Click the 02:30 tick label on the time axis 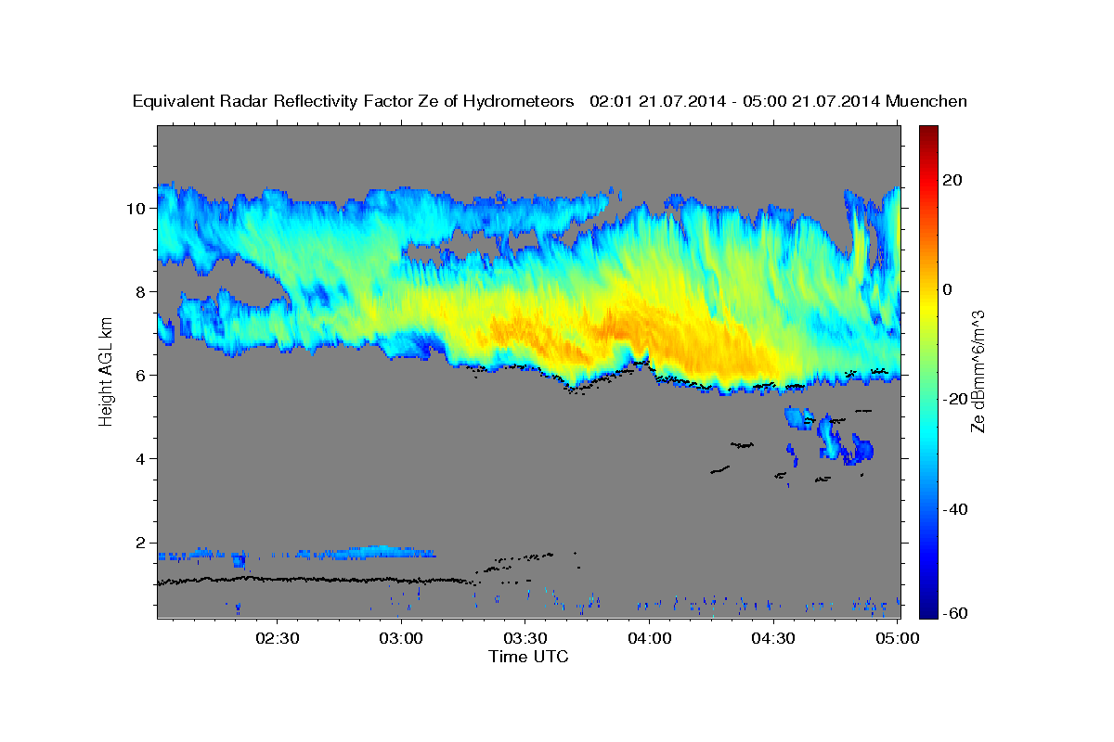click(x=277, y=638)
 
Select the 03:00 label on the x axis click(x=401, y=638)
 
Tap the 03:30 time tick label click(x=525, y=638)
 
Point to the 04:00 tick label click(x=650, y=638)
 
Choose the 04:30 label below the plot click(x=773, y=638)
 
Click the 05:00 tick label click(x=897, y=638)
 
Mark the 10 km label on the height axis click(x=136, y=209)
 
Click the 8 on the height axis click(x=141, y=292)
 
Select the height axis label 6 click(x=141, y=376)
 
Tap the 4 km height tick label click(x=141, y=459)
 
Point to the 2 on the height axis click(x=141, y=543)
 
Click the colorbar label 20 click(x=952, y=180)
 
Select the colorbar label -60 click(x=955, y=613)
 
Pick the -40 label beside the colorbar click(x=955, y=509)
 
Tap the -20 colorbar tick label click(x=955, y=399)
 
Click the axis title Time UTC click(x=528, y=657)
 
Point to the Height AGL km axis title click(x=106, y=372)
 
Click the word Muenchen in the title click(x=926, y=101)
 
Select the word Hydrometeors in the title click(x=518, y=102)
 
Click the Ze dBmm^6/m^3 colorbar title click(x=978, y=372)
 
